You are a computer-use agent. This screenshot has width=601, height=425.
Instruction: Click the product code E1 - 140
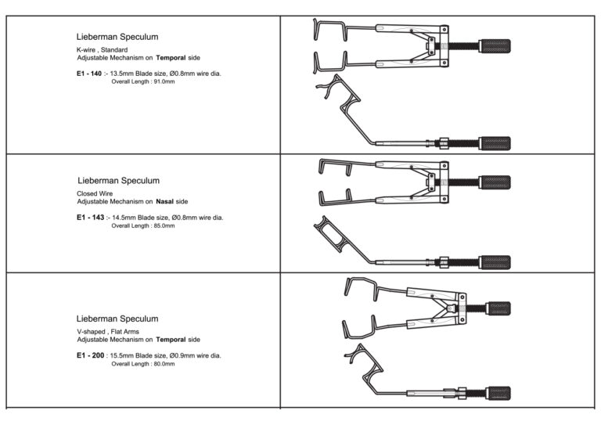click(x=89, y=74)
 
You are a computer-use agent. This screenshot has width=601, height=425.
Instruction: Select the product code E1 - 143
click(x=91, y=218)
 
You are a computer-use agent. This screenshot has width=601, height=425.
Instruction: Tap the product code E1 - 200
click(x=91, y=355)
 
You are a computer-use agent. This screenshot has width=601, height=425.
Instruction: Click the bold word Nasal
click(x=165, y=202)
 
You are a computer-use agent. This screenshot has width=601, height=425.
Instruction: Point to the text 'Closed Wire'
click(x=95, y=193)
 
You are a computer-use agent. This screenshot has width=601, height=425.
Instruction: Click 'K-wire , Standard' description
click(x=103, y=50)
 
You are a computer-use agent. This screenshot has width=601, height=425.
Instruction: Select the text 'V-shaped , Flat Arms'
click(x=108, y=332)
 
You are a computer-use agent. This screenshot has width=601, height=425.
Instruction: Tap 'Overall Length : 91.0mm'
click(x=143, y=81)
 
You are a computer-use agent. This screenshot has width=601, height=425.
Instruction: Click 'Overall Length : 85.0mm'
click(x=143, y=225)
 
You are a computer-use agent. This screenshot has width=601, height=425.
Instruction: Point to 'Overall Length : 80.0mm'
click(x=143, y=364)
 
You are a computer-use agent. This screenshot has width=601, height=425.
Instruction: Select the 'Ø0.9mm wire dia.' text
click(x=196, y=355)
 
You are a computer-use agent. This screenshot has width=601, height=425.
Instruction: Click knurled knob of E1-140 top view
click(x=495, y=46)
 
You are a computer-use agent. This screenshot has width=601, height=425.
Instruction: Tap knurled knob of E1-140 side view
click(x=495, y=144)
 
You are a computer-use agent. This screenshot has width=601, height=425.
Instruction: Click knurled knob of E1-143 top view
click(x=495, y=182)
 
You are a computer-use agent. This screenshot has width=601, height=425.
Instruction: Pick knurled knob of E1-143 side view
click(x=495, y=262)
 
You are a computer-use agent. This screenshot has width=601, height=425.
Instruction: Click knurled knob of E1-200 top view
click(x=498, y=308)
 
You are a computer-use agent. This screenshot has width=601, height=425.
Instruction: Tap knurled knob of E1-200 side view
click(x=498, y=393)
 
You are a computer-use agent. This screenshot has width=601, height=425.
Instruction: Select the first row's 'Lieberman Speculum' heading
click(x=117, y=37)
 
